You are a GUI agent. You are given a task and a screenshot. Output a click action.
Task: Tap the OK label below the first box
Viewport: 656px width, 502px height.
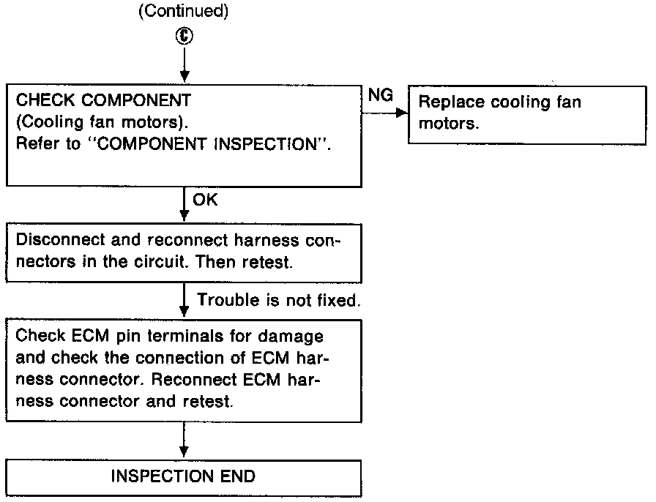205,201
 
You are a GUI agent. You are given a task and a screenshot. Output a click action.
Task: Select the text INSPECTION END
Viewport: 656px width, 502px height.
183,476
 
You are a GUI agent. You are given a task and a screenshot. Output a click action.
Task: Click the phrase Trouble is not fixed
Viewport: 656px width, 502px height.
278,300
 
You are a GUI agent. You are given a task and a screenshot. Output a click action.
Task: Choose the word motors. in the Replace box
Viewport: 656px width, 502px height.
449,123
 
